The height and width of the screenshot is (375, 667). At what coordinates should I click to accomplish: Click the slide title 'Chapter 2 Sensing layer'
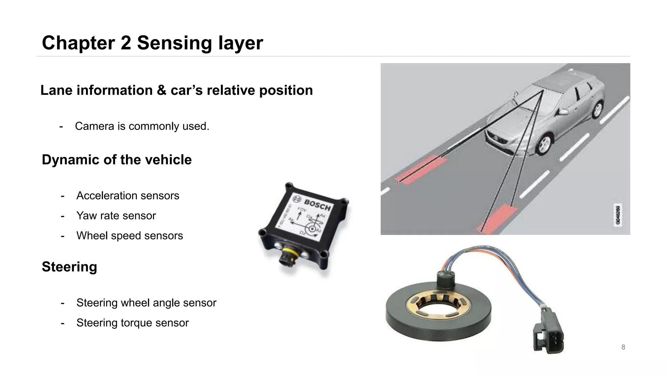click(152, 43)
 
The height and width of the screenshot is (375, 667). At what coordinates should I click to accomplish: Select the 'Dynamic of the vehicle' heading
click(117, 160)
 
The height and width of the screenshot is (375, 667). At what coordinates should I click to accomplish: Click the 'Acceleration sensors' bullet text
click(128, 196)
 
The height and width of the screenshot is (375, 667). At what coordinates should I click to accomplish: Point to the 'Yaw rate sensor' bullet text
click(116, 216)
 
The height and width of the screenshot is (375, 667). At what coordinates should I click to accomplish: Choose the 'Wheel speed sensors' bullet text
click(130, 236)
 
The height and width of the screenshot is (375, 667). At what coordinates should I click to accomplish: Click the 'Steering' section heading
click(69, 267)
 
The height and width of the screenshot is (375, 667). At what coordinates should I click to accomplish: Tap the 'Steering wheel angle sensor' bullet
click(146, 303)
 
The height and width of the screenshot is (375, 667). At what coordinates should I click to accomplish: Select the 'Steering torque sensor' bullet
click(133, 323)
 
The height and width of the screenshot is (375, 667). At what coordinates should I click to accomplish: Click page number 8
click(623, 347)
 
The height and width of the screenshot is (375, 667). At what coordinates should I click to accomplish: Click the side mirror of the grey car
click(563, 112)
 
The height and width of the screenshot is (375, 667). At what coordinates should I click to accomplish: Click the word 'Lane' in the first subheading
click(56, 90)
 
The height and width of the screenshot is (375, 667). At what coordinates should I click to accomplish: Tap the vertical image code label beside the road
click(617, 215)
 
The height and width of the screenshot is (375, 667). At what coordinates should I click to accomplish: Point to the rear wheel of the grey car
click(597, 109)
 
